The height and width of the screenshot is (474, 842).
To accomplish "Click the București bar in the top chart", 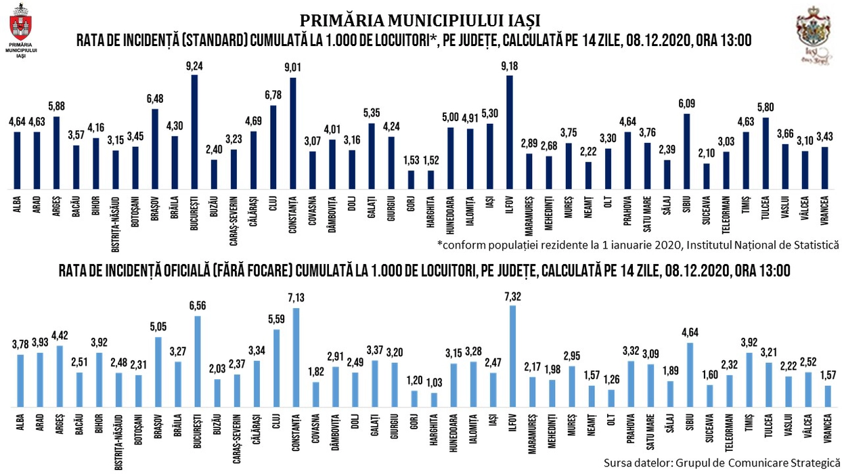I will pyautogui.click(x=195, y=132).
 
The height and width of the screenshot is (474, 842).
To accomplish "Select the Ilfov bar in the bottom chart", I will pyautogui.click(x=512, y=355).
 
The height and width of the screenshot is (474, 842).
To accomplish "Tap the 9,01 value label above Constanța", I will pyautogui.click(x=293, y=66).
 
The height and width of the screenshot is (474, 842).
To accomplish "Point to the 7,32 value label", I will pyautogui.click(x=512, y=296).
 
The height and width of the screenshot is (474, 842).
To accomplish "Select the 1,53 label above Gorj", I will pyautogui.click(x=411, y=160).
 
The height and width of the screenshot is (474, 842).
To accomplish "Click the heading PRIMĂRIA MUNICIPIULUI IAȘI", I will pyautogui.click(x=420, y=20).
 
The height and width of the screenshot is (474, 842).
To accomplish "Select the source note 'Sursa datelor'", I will pyautogui.click(x=721, y=463).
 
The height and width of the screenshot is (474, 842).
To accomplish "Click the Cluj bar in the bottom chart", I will pyautogui.click(x=276, y=368).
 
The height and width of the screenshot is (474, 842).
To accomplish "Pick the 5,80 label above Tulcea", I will pyautogui.click(x=765, y=107).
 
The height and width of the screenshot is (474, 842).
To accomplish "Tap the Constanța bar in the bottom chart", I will pyautogui.click(x=295, y=357).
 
